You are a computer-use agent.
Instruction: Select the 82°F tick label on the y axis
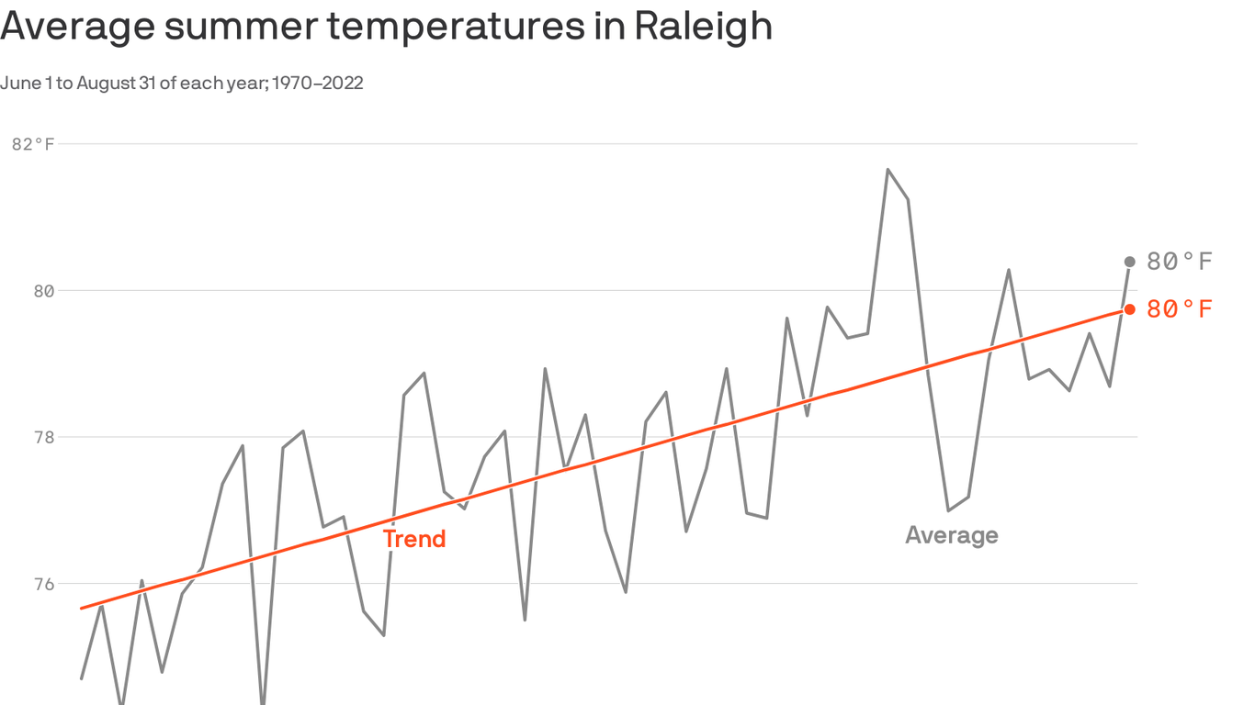tap(33, 144)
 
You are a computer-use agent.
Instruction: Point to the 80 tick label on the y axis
tap(44, 291)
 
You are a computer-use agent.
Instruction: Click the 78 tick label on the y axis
tap(44, 438)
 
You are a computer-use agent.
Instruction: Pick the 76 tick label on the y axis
tap(44, 584)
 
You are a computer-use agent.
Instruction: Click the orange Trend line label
tap(413, 539)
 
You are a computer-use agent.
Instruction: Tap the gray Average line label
tap(951, 535)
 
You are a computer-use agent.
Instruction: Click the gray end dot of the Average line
tap(1130, 263)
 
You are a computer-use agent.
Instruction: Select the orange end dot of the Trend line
tap(1130, 309)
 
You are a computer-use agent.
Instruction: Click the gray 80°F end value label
tap(1180, 262)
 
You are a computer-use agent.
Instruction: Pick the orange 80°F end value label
tap(1180, 309)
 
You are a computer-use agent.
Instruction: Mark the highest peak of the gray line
tap(888, 170)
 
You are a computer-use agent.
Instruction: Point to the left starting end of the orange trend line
tap(82, 608)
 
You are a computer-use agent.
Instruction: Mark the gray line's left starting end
tap(82, 678)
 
